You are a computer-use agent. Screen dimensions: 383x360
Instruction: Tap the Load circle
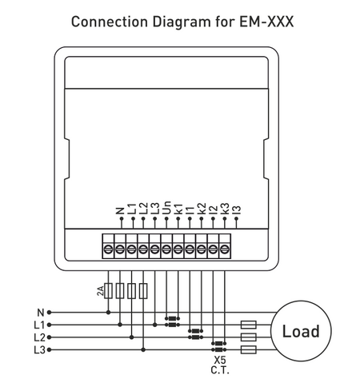click(x=300, y=331)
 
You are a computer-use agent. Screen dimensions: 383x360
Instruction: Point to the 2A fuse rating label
click(x=100, y=291)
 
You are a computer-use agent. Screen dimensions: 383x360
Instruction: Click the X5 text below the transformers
click(x=219, y=361)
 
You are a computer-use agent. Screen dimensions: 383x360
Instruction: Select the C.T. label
click(x=219, y=372)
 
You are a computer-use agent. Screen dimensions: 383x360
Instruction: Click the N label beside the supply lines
click(x=39, y=313)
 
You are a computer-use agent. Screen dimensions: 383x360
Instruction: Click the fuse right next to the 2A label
click(x=109, y=291)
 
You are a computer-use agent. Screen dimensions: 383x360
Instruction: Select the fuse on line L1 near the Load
click(x=249, y=325)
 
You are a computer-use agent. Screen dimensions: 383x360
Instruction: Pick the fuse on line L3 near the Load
click(x=249, y=350)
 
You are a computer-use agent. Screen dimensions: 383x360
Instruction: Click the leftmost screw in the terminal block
click(x=108, y=250)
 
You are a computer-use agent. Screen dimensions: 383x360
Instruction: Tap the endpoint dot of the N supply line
click(x=49, y=313)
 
